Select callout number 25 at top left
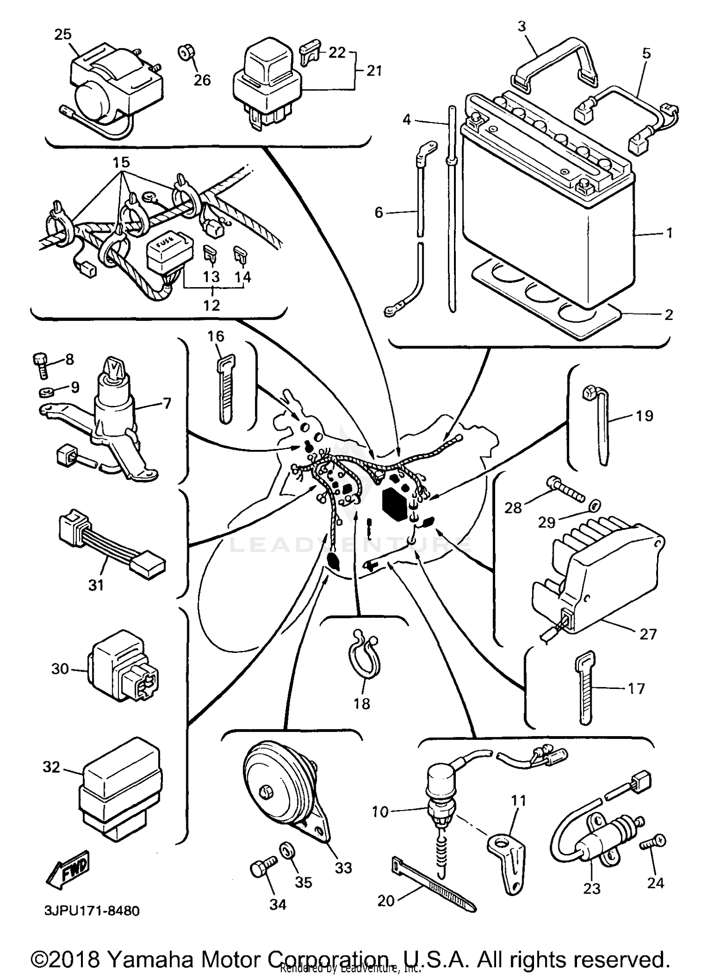[x=64, y=34]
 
